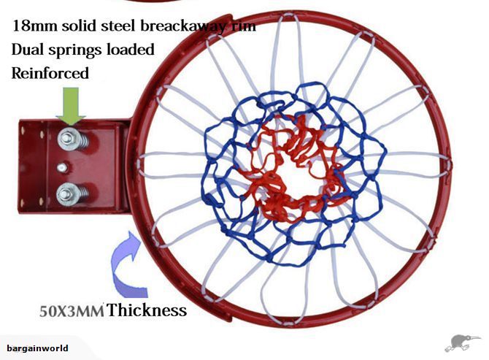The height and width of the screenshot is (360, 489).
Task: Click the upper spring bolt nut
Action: [x=67, y=137]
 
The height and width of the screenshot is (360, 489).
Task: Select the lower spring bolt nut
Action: [x=66, y=194]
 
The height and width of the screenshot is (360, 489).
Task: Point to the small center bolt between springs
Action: [x=62, y=167]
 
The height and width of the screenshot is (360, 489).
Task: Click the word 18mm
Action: [x=35, y=26]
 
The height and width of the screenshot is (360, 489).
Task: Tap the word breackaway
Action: [x=182, y=26]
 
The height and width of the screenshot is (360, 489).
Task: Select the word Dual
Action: [x=28, y=50]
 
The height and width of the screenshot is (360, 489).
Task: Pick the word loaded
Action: [x=130, y=50]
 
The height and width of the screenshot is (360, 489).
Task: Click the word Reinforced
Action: [x=50, y=73]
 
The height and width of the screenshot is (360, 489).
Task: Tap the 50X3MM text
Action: [x=72, y=311]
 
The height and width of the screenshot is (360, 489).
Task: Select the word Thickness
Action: [x=147, y=310]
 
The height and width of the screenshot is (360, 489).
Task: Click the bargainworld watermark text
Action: [x=37, y=348]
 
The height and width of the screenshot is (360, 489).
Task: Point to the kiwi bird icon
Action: [x=461, y=342]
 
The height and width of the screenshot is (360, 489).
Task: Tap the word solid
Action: [x=79, y=26]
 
